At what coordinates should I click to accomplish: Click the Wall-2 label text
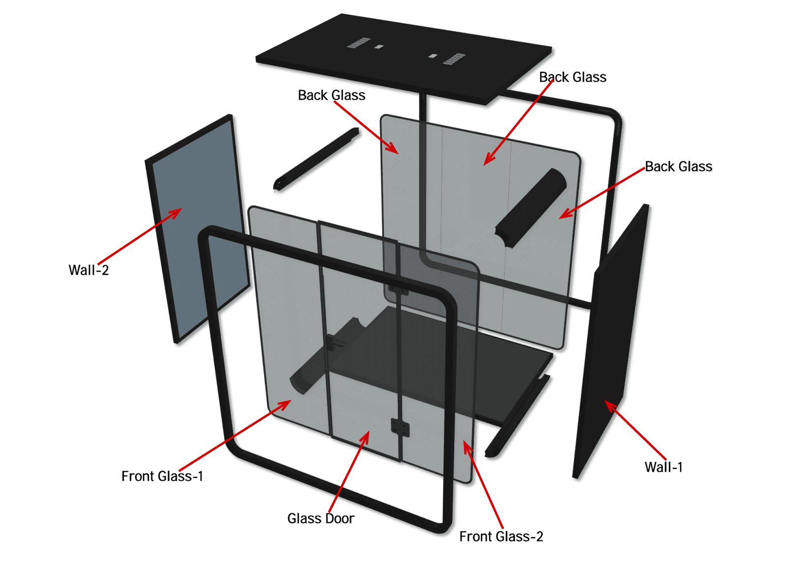coord(89,270)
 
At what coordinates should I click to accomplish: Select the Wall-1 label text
coord(663,467)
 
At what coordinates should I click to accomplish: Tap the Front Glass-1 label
coord(162,476)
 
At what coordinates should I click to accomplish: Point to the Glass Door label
coord(321,519)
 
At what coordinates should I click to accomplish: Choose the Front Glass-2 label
coord(501,536)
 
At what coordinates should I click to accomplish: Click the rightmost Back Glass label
coord(678,167)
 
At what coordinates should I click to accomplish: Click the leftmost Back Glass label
coord(331,95)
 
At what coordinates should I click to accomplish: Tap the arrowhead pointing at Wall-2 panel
coord(177,212)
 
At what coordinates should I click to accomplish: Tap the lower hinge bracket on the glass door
coord(400,427)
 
